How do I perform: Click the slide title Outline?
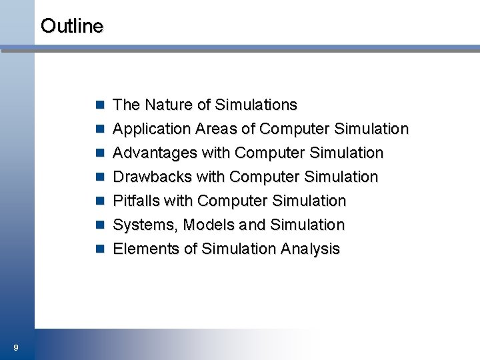click(72, 26)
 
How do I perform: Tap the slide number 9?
click(15, 347)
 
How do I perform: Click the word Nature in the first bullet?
click(169, 105)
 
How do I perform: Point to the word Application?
click(152, 129)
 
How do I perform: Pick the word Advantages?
click(155, 153)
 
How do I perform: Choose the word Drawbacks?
click(151, 177)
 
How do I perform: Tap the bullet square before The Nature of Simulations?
click(100, 105)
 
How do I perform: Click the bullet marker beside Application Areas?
click(100, 129)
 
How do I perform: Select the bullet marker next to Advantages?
click(100, 153)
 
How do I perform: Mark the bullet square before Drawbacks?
click(100, 177)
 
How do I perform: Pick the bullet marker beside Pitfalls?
click(100, 201)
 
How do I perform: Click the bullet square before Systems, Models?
click(100, 225)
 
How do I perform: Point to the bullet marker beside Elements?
click(100, 249)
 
